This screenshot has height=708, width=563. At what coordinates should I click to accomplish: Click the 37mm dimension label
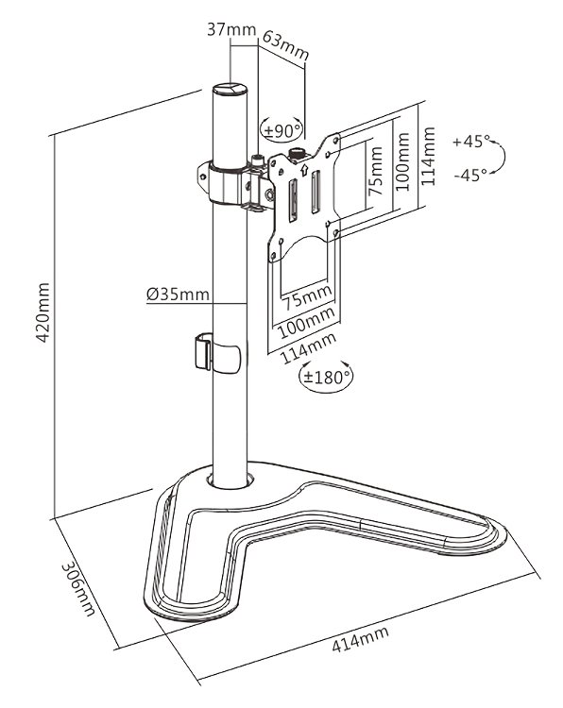[x=230, y=29]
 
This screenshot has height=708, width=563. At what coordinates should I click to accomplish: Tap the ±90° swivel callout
[x=282, y=129]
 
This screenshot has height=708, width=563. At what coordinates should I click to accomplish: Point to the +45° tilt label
[x=470, y=142]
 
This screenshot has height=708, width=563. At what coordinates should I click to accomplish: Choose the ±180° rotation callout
[x=326, y=376]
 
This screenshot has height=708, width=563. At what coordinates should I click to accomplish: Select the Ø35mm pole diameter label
[x=178, y=294]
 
